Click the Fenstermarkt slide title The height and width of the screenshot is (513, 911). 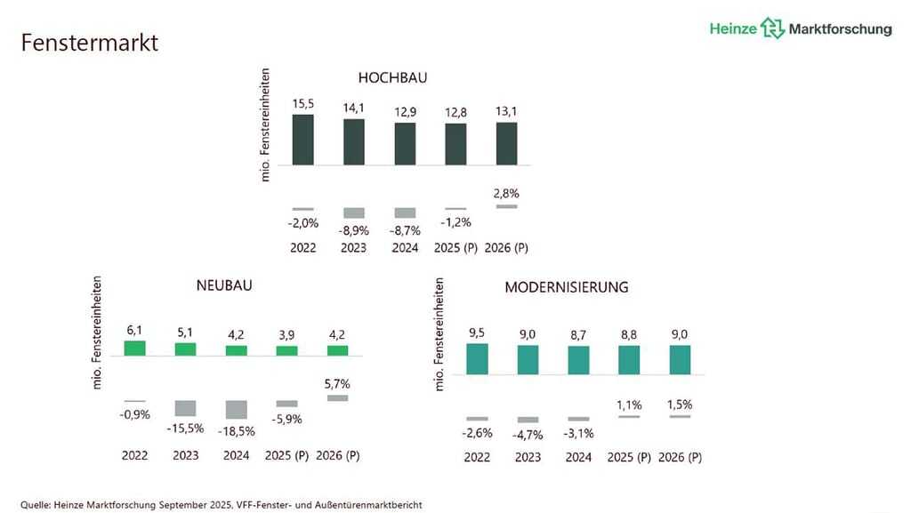tap(89, 42)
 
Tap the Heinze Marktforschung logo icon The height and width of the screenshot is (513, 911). tap(772, 28)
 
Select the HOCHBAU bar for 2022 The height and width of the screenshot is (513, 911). tap(303, 140)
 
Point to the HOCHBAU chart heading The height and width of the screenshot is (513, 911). tap(392, 77)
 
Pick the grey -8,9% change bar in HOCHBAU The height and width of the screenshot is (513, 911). tap(354, 212)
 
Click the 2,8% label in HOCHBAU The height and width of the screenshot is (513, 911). tap(505, 192)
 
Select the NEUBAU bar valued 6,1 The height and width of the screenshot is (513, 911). tap(135, 349)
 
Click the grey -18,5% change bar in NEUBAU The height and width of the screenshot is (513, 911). tap(237, 409)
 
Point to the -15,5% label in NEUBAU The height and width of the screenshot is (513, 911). tap(186, 428)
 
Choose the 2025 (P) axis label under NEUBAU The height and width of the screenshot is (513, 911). tap(286, 456)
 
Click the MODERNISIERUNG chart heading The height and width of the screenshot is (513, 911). tap(566, 287)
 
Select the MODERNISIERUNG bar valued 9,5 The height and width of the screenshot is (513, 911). tap(477, 358)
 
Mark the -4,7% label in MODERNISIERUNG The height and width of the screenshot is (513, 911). tap(528, 435)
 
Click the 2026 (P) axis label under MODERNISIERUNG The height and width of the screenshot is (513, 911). tap(680, 457)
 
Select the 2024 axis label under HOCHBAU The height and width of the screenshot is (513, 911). tap(406, 247)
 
